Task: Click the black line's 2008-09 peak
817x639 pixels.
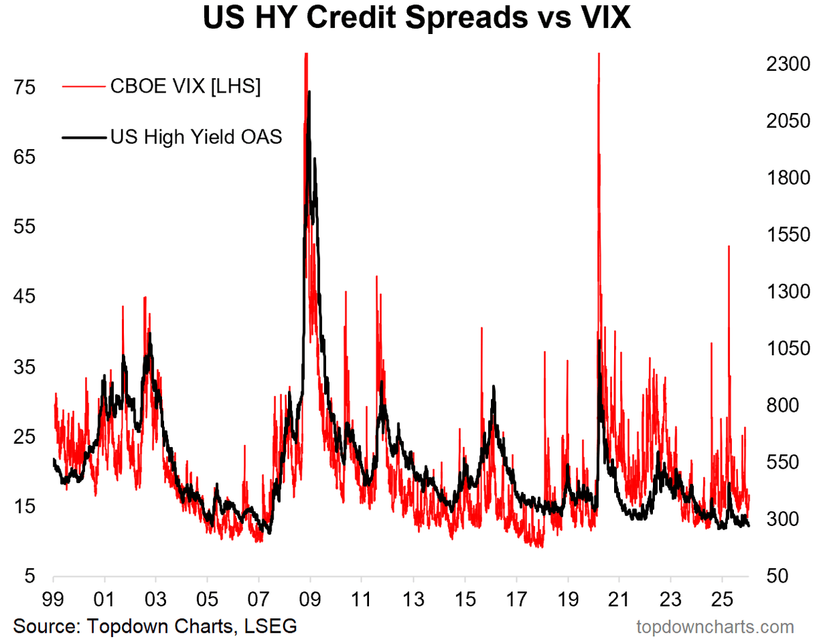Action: [309, 91]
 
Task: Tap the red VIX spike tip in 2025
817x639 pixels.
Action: [728, 246]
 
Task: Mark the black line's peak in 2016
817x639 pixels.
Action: [493, 387]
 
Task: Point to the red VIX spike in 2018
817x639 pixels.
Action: [545, 352]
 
